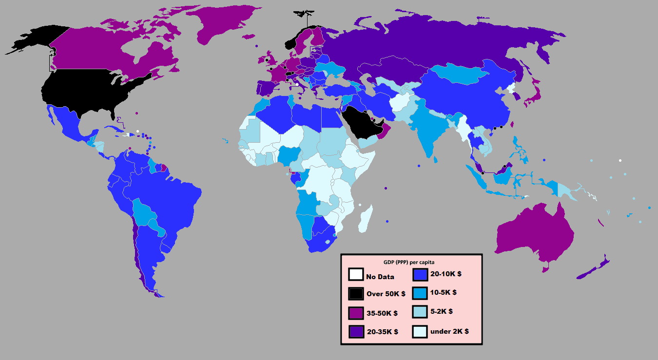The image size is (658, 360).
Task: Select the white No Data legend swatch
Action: tap(355, 275)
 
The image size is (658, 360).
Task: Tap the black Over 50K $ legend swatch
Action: tap(355, 294)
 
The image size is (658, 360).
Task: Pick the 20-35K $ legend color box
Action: tap(355, 332)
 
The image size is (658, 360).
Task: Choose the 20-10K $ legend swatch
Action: tap(420, 274)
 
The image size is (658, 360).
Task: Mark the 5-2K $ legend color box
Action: tap(420, 311)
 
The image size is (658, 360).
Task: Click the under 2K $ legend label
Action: tap(449, 331)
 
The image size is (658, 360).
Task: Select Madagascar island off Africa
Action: tap(366, 220)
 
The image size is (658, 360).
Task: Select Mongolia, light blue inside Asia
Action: tap(458, 73)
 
